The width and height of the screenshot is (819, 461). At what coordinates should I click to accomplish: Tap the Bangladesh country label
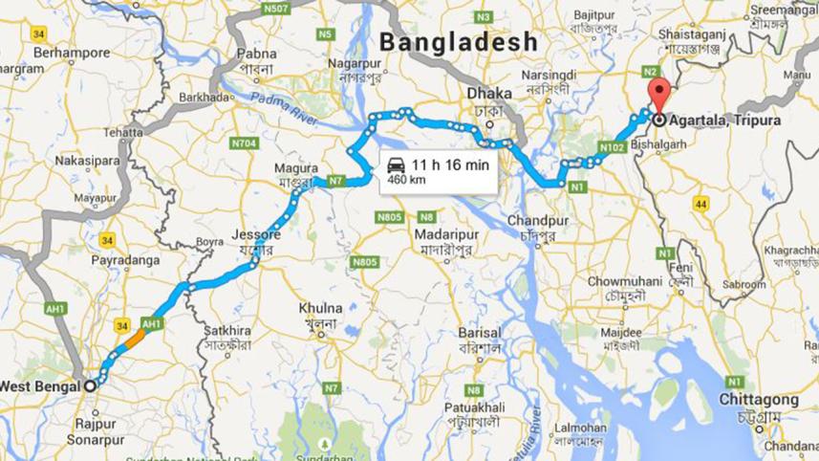pos(459,42)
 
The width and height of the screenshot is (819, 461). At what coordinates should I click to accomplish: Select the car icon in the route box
pos(396,165)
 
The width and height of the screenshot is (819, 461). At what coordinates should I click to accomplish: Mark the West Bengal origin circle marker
pos(90,385)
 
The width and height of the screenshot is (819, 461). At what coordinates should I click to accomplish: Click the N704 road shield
pos(245,143)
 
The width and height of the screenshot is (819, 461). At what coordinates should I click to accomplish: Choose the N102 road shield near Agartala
pos(612,146)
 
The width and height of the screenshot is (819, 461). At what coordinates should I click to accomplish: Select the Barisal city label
pos(479,333)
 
